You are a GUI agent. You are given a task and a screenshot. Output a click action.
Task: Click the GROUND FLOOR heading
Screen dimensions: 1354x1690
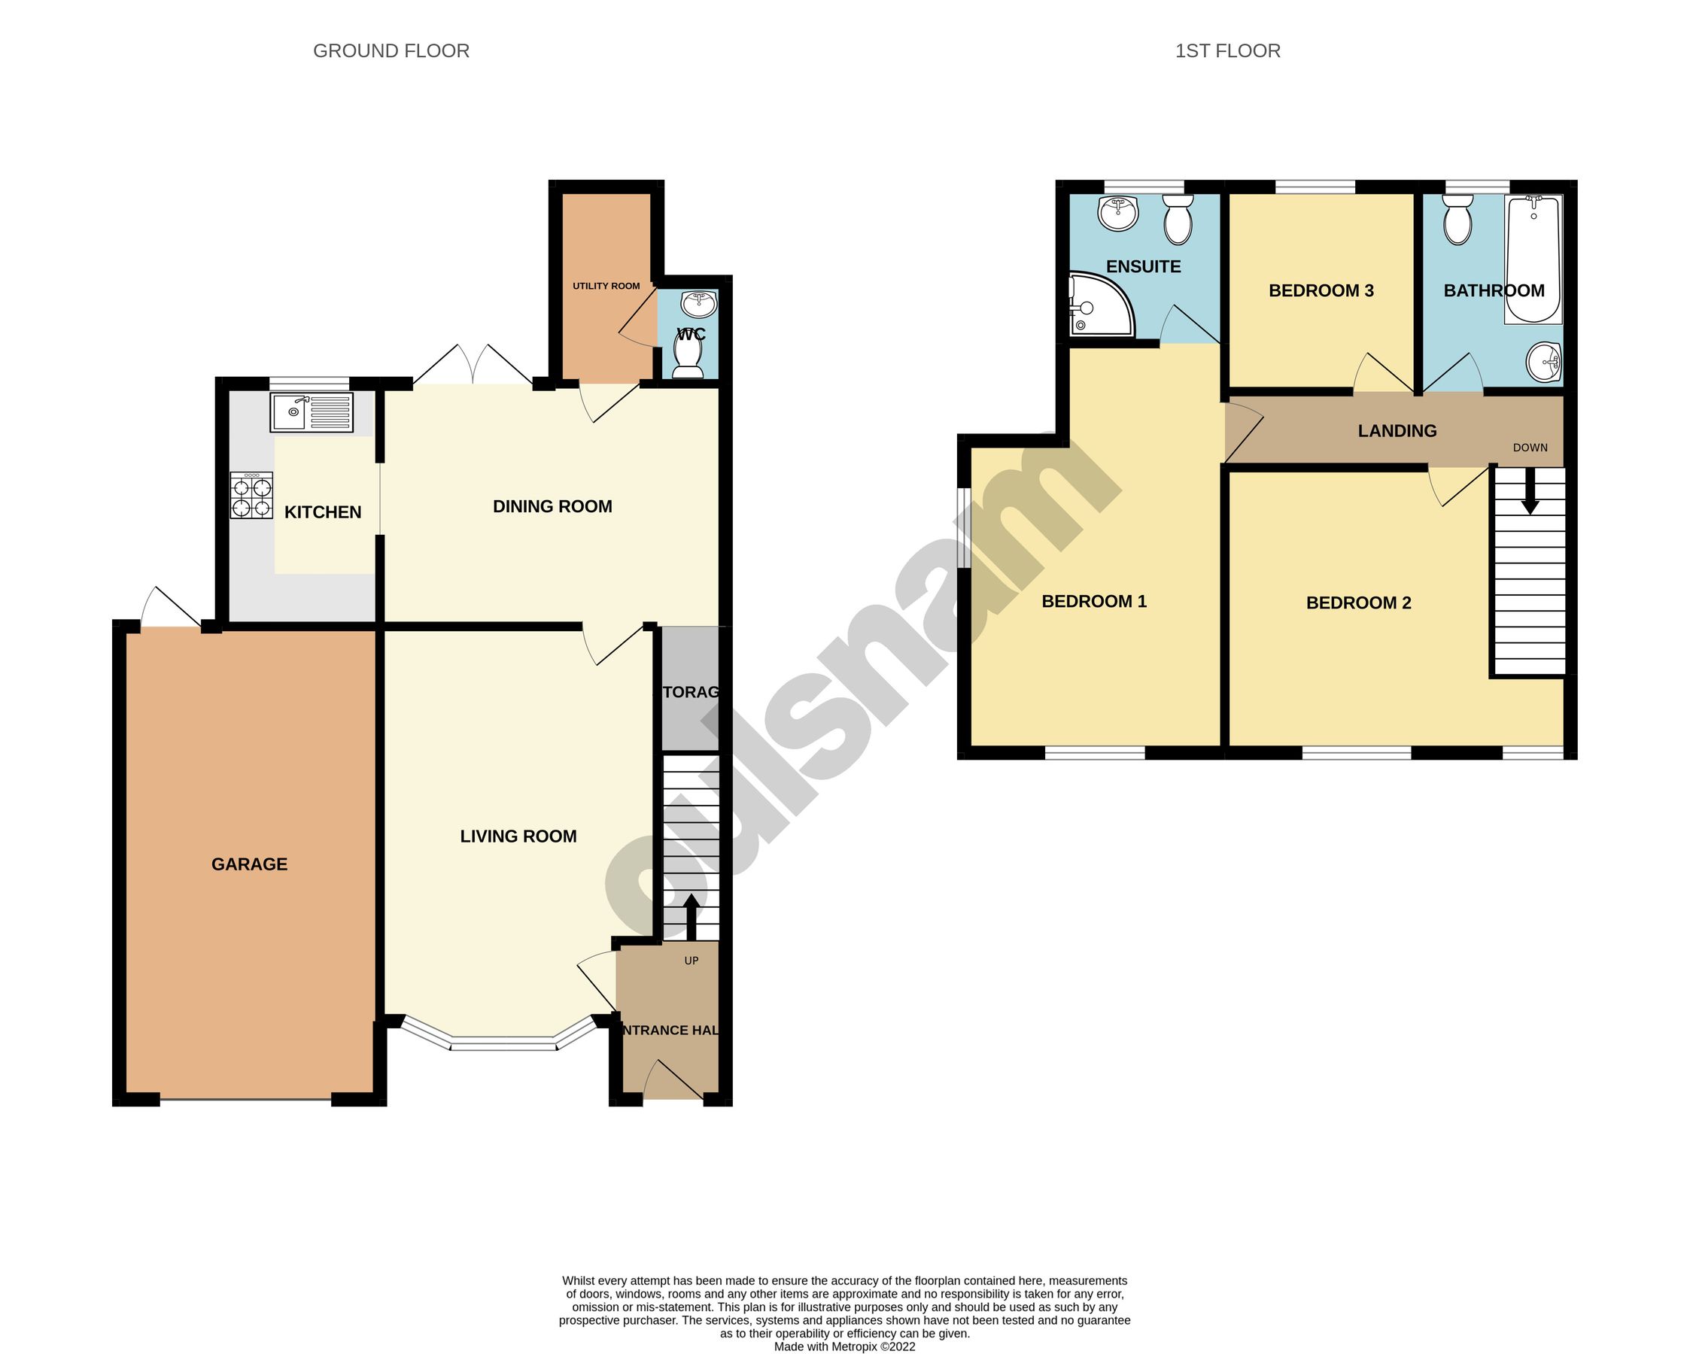tap(391, 51)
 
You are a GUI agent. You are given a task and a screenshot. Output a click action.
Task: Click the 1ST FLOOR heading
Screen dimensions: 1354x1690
tap(1227, 51)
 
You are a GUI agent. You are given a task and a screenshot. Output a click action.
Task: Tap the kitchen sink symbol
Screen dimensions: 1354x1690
tap(312, 412)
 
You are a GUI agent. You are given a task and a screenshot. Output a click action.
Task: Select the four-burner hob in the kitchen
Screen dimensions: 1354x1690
tap(251, 495)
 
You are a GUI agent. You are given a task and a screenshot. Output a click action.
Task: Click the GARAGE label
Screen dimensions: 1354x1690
tap(249, 864)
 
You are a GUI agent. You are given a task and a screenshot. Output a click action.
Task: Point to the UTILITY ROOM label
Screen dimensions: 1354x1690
tap(606, 286)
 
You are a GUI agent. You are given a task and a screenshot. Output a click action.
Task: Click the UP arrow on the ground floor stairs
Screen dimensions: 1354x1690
tap(692, 917)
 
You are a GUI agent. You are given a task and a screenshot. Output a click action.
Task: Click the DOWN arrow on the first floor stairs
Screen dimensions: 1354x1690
tap(1529, 497)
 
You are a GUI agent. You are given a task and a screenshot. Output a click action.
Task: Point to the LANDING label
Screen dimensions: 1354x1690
tap(1397, 431)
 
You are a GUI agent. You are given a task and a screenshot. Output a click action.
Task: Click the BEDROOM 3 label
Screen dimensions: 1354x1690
tap(1321, 290)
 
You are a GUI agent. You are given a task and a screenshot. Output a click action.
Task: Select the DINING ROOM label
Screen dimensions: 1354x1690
tap(552, 507)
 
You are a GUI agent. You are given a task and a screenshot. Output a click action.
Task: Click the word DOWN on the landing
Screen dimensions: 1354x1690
tap(1530, 448)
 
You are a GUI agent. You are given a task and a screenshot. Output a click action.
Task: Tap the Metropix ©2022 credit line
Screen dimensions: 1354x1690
tap(844, 1347)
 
